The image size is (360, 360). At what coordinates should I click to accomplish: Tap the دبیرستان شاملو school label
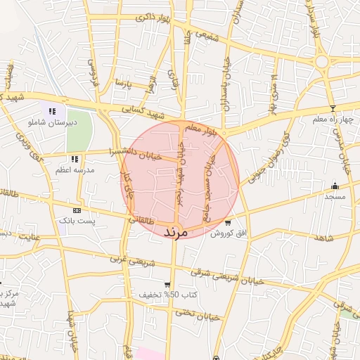point(51,122)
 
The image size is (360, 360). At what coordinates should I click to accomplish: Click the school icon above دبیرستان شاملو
point(52,110)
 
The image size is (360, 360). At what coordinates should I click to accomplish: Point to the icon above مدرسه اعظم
point(75,158)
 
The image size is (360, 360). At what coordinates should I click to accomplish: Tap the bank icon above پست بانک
point(77,210)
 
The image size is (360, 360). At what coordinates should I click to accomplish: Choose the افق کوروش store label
point(226,233)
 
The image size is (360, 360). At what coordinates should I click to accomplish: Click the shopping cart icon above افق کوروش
point(227,222)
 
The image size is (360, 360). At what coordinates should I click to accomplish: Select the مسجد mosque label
point(335,198)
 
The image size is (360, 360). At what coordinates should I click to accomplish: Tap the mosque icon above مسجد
point(335,186)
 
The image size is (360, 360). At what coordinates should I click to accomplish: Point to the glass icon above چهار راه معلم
point(333,109)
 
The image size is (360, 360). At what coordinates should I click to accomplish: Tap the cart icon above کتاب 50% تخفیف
point(167,284)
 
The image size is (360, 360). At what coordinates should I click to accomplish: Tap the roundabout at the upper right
point(323,62)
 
